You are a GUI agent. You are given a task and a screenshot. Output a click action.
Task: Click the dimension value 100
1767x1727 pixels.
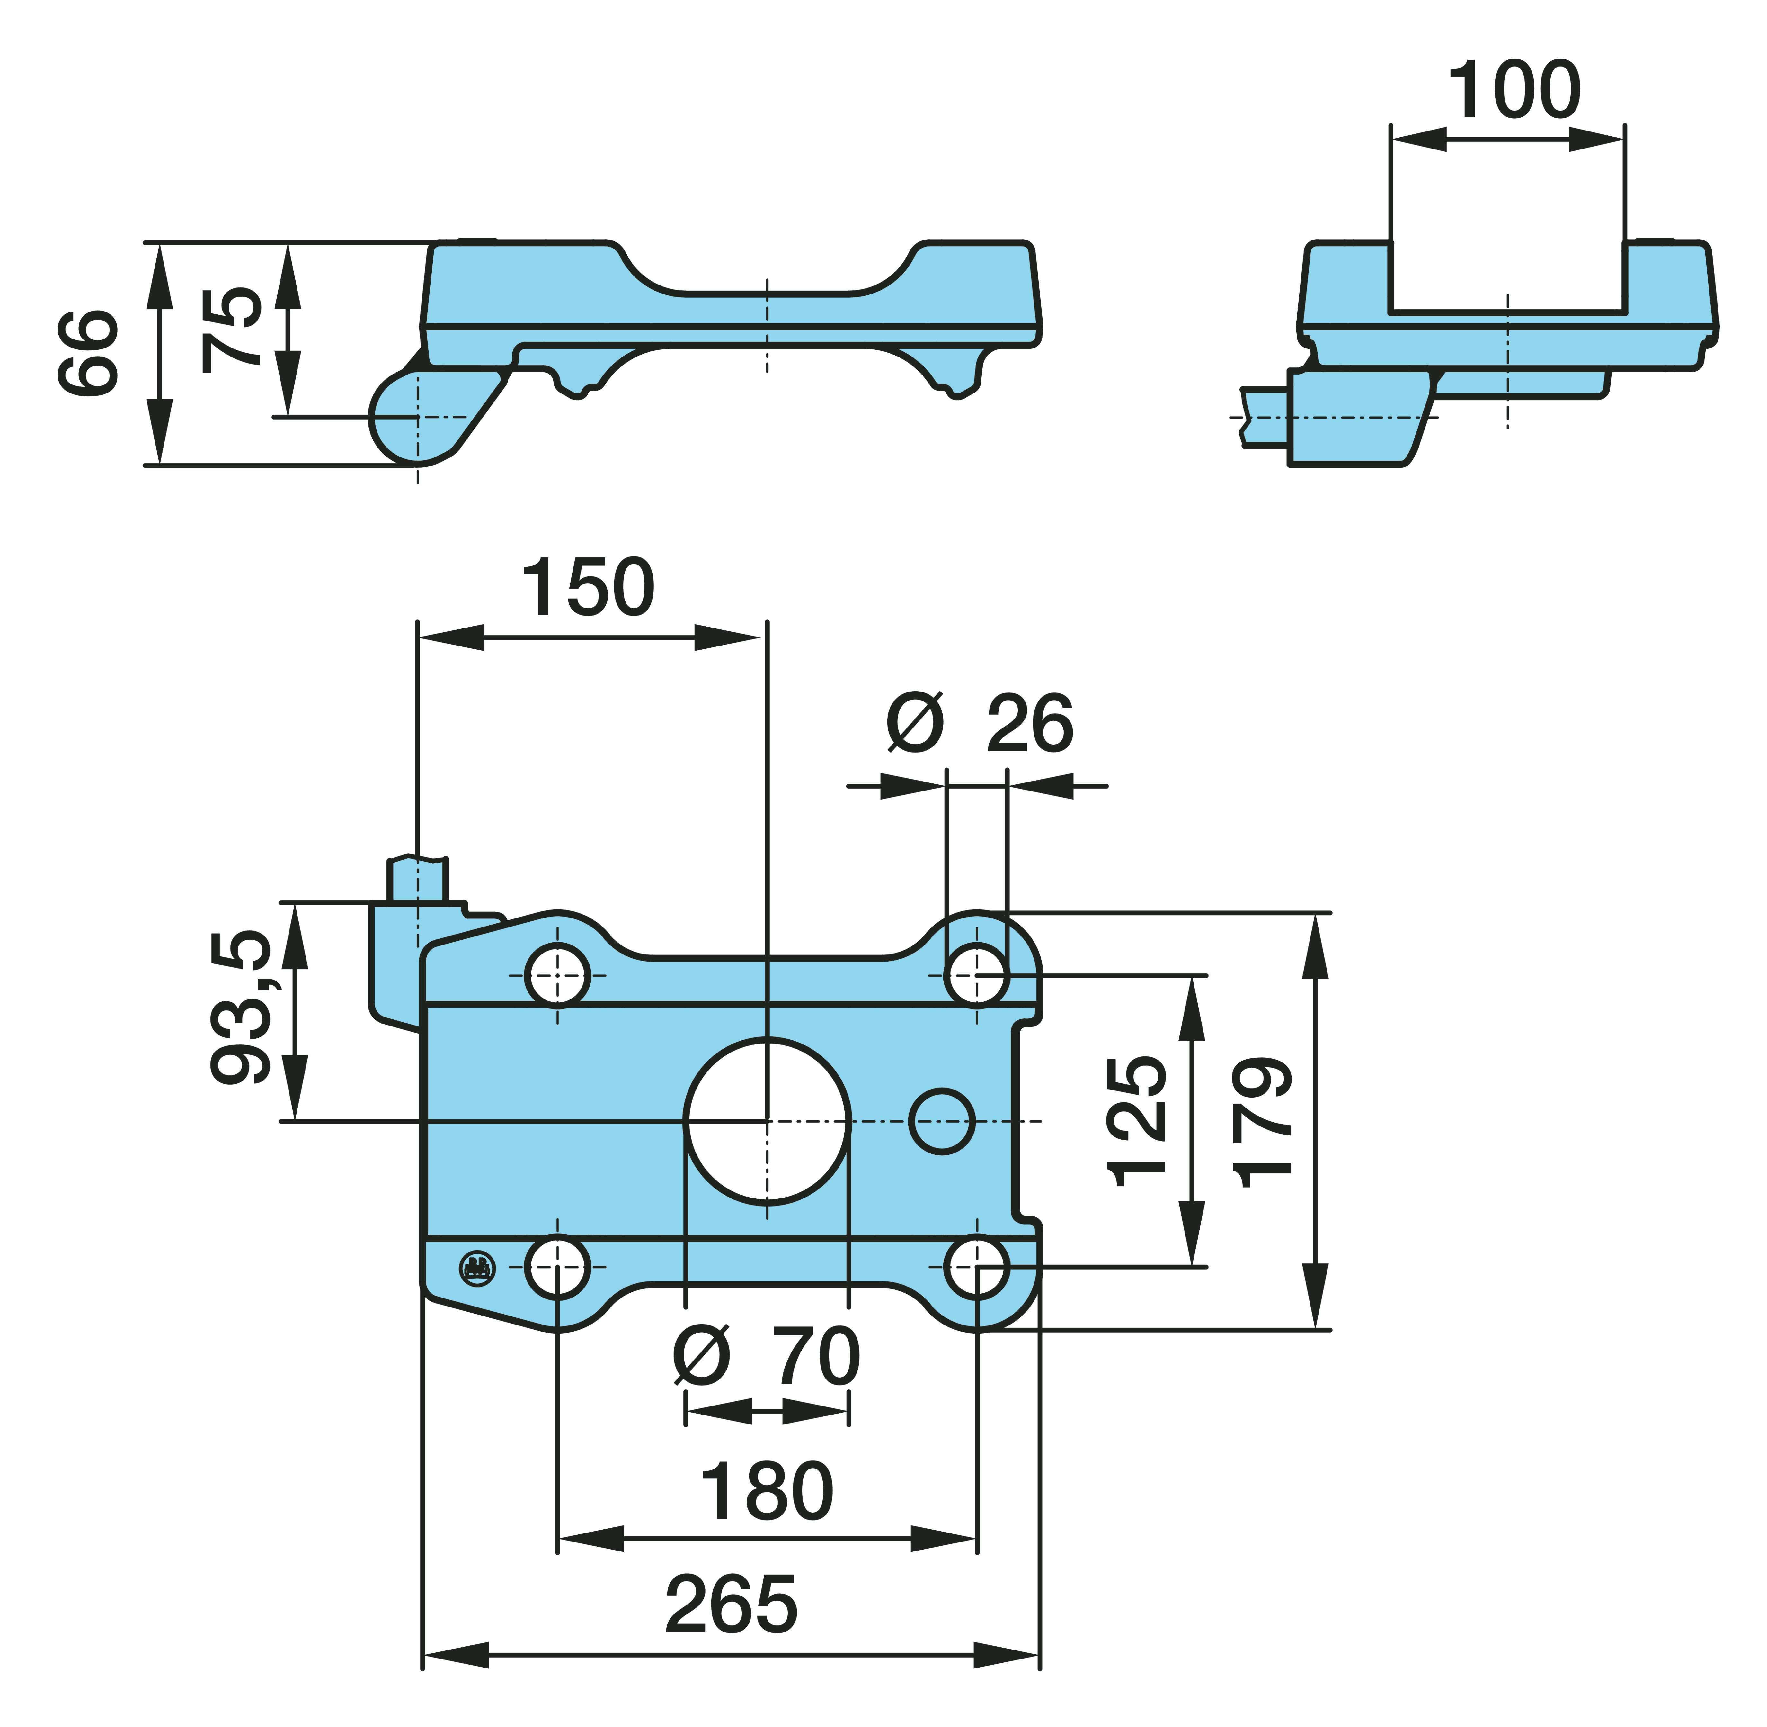click(1514, 91)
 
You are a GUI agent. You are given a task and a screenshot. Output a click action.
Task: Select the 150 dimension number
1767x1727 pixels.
click(588, 588)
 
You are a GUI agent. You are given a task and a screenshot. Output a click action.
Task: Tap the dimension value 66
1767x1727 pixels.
click(88, 352)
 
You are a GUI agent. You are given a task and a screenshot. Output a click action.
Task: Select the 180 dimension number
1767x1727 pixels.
click(767, 1492)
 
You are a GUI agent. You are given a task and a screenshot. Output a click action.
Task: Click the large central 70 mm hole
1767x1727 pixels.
click(767, 1122)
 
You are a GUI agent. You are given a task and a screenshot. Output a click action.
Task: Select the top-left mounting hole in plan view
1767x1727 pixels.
click(558, 975)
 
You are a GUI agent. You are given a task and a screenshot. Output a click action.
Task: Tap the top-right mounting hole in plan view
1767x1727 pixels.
click(976, 975)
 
